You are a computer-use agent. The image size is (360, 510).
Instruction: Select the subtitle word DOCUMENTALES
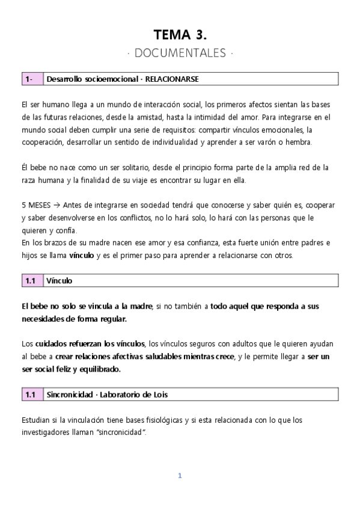click(x=180, y=54)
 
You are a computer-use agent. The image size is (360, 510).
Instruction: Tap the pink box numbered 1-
click(x=31, y=79)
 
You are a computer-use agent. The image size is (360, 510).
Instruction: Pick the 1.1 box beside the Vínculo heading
click(x=31, y=280)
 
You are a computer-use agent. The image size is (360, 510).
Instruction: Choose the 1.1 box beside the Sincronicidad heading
click(x=31, y=395)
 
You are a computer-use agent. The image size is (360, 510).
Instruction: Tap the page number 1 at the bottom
click(x=179, y=475)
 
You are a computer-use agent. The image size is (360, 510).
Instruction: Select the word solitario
click(x=124, y=168)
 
